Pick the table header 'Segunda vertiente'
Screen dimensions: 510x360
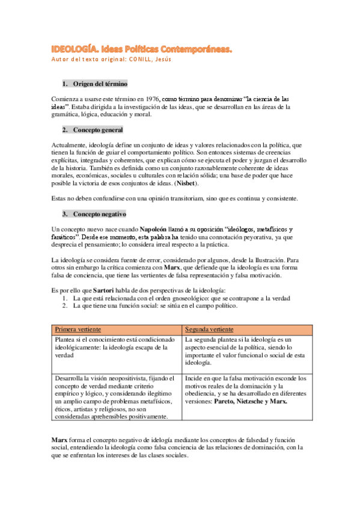(x=210, y=330)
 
